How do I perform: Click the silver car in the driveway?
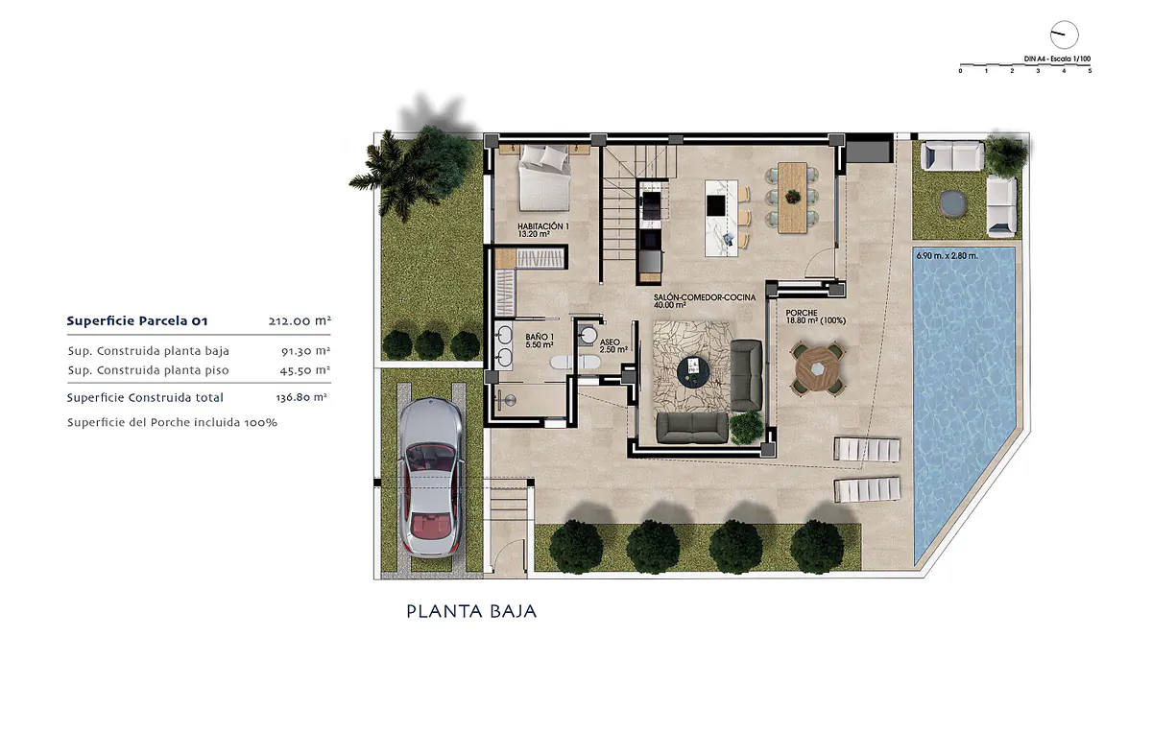[430, 478]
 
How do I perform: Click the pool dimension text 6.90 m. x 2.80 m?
[947, 255]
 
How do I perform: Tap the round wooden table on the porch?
[818, 369]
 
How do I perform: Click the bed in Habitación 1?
[544, 177]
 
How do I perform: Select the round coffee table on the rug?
[693, 371]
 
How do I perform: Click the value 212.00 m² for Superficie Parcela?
[300, 321]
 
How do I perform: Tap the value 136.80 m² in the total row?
[301, 397]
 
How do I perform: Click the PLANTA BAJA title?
[471, 611]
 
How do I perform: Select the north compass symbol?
[1064, 35]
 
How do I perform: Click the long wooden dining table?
[792, 198]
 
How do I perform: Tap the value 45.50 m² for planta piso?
[305, 370]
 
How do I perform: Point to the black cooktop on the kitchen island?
[716, 205]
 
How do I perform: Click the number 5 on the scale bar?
[1090, 71]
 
